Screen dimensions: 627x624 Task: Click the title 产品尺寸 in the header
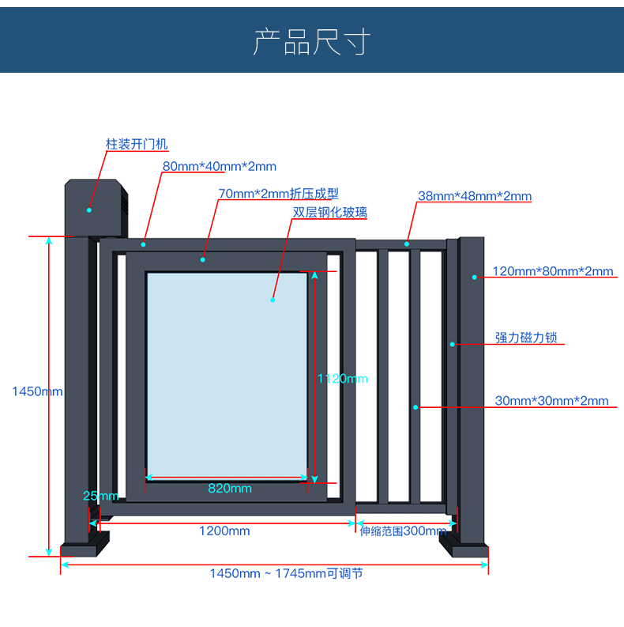[x=311, y=42]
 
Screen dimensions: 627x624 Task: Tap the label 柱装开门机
[x=137, y=145]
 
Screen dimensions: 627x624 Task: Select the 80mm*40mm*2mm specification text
[x=220, y=166]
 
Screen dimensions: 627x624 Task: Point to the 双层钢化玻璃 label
[x=329, y=212]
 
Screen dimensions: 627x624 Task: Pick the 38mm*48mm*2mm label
[x=474, y=196]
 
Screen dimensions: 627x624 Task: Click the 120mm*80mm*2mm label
[x=552, y=271]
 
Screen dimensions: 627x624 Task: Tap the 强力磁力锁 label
[x=526, y=338]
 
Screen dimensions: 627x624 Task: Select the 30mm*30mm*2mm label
[x=551, y=401]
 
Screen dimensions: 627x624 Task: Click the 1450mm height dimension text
[x=37, y=391]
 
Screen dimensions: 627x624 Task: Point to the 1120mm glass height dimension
[x=342, y=379]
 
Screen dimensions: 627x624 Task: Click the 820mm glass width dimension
[x=230, y=489]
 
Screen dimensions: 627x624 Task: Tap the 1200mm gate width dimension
[x=224, y=531]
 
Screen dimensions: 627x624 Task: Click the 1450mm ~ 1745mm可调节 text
[x=286, y=573]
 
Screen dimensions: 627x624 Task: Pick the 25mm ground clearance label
[x=100, y=496]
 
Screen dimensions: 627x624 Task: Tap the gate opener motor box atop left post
[x=96, y=207]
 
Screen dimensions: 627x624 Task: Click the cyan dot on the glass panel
[x=273, y=300]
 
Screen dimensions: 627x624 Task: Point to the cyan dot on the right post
[x=475, y=277]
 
